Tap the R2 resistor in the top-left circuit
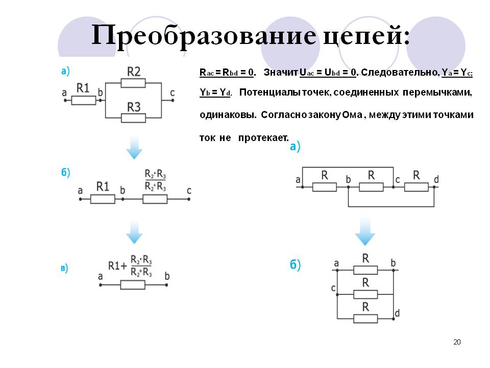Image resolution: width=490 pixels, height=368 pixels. (x=134, y=83)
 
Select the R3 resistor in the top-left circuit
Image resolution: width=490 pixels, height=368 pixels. (x=134, y=118)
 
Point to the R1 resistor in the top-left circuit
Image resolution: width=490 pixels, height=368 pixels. (x=83, y=100)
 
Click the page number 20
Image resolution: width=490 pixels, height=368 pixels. (x=457, y=342)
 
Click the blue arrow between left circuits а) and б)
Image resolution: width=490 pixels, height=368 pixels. (x=134, y=148)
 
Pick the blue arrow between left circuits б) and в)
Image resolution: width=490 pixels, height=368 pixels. (x=134, y=233)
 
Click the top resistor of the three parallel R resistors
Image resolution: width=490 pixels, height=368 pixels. (x=365, y=270)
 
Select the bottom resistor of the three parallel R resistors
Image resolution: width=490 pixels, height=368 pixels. (x=365, y=318)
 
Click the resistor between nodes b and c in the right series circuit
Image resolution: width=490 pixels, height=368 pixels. (x=371, y=187)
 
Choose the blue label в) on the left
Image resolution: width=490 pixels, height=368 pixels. (x=64, y=268)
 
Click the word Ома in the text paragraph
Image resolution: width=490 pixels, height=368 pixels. (x=352, y=115)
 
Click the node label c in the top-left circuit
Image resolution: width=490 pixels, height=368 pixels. (x=172, y=93)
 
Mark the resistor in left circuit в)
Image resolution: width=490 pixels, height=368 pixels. (x=133, y=285)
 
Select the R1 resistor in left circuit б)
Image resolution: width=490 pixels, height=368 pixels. (x=103, y=198)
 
